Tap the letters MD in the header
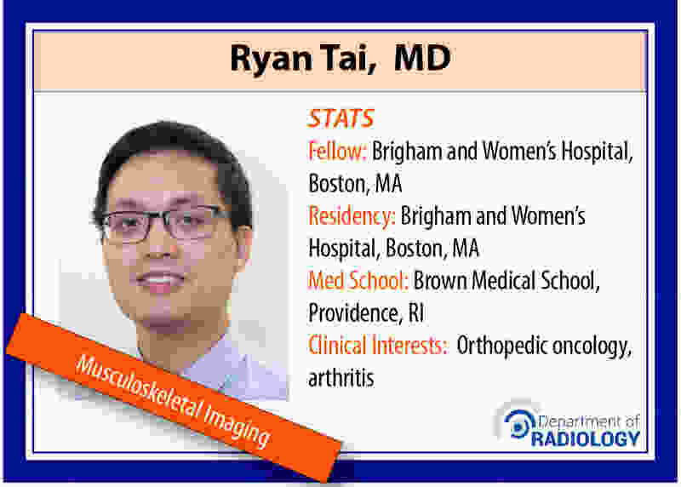click(x=422, y=57)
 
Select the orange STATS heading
click(x=340, y=118)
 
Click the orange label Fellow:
click(x=337, y=152)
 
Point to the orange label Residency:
click(x=352, y=217)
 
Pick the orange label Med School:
click(x=358, y=280)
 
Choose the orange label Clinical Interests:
click(x=377, y=346)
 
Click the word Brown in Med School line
click(x=440, y=280)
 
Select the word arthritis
click(x=341, y=377)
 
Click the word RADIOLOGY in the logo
click(x=586, y=438)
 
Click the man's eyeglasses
click(x=165, y=224)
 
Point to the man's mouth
click(x=160, y=281)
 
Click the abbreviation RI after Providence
click(x=416, y=312)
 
